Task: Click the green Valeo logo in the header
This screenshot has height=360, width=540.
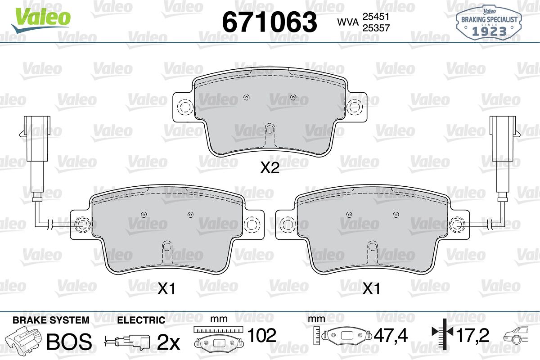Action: pos(41,19)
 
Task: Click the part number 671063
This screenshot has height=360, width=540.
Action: pos(270,22)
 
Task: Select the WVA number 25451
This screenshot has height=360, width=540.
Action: pos(376,17)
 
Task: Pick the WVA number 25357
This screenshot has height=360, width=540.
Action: pos(376,28)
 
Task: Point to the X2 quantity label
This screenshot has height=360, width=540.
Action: pos(270,168)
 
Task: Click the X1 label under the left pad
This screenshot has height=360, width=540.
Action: pos(166,288)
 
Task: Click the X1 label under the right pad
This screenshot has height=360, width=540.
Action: pos(372,288)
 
